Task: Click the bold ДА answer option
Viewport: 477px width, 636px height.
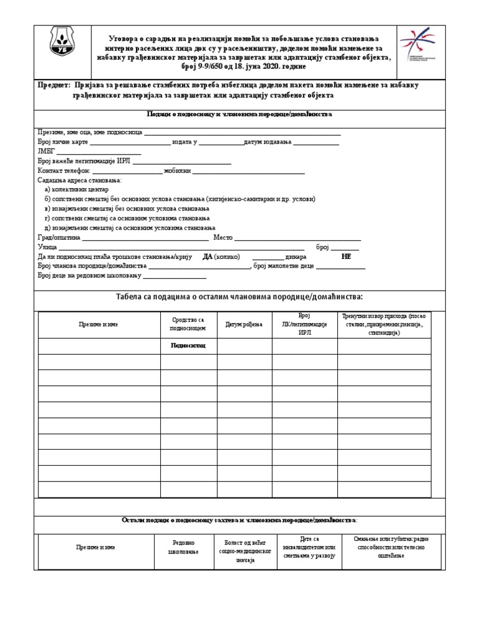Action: click(x=207, y=257)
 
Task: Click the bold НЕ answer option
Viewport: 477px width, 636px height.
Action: click(x=346, y=257)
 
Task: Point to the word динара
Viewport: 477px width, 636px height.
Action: click(x=298, y=257)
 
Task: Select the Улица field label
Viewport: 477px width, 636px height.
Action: click(x=47, y=247)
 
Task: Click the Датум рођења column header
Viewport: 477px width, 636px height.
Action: click(x=244, y=324)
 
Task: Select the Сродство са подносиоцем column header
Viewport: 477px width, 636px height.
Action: click(x=188, y=324)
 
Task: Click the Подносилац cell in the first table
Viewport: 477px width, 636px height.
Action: click(x=188, y=345)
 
